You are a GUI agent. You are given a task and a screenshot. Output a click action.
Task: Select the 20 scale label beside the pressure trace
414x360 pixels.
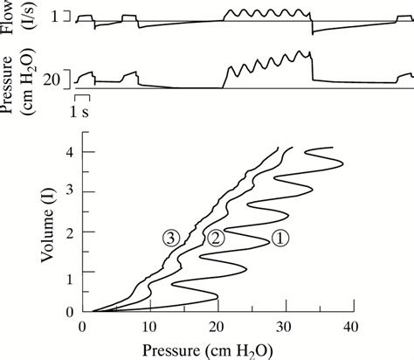[53, 80]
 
